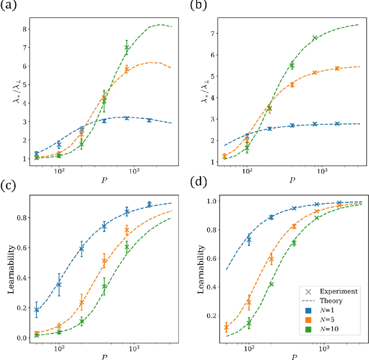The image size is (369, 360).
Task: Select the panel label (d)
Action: [197, 186]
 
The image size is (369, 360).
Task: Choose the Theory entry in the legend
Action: [330, 301]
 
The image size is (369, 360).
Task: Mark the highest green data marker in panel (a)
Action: [127, 47]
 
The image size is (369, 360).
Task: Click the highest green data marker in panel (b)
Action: [315, 39]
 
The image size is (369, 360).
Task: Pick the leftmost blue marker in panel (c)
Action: [37, 310]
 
